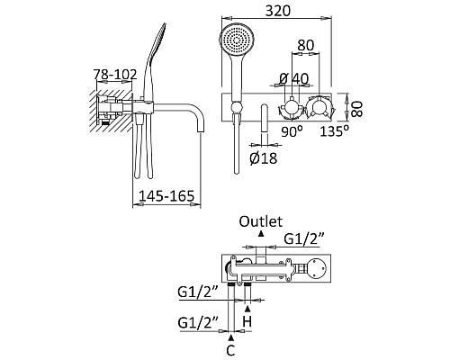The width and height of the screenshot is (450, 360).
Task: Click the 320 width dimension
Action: [x=278, y=11]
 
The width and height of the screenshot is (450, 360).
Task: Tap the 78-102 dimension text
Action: [x=115, y=75]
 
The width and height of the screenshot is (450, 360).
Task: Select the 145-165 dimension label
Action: [x=166, y=196]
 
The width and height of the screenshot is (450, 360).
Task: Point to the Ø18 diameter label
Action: [x=264, y=158]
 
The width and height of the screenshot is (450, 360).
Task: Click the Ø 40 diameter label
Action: [x=293, y=79]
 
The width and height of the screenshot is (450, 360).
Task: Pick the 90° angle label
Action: [x=292, y=131]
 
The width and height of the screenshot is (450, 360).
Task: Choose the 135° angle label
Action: [x=335, y=131]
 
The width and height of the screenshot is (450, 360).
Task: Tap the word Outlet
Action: [x=261, y=221]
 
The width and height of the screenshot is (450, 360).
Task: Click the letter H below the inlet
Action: [x=247, y=322]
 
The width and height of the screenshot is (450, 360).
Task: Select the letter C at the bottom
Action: [x=230, y=350]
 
